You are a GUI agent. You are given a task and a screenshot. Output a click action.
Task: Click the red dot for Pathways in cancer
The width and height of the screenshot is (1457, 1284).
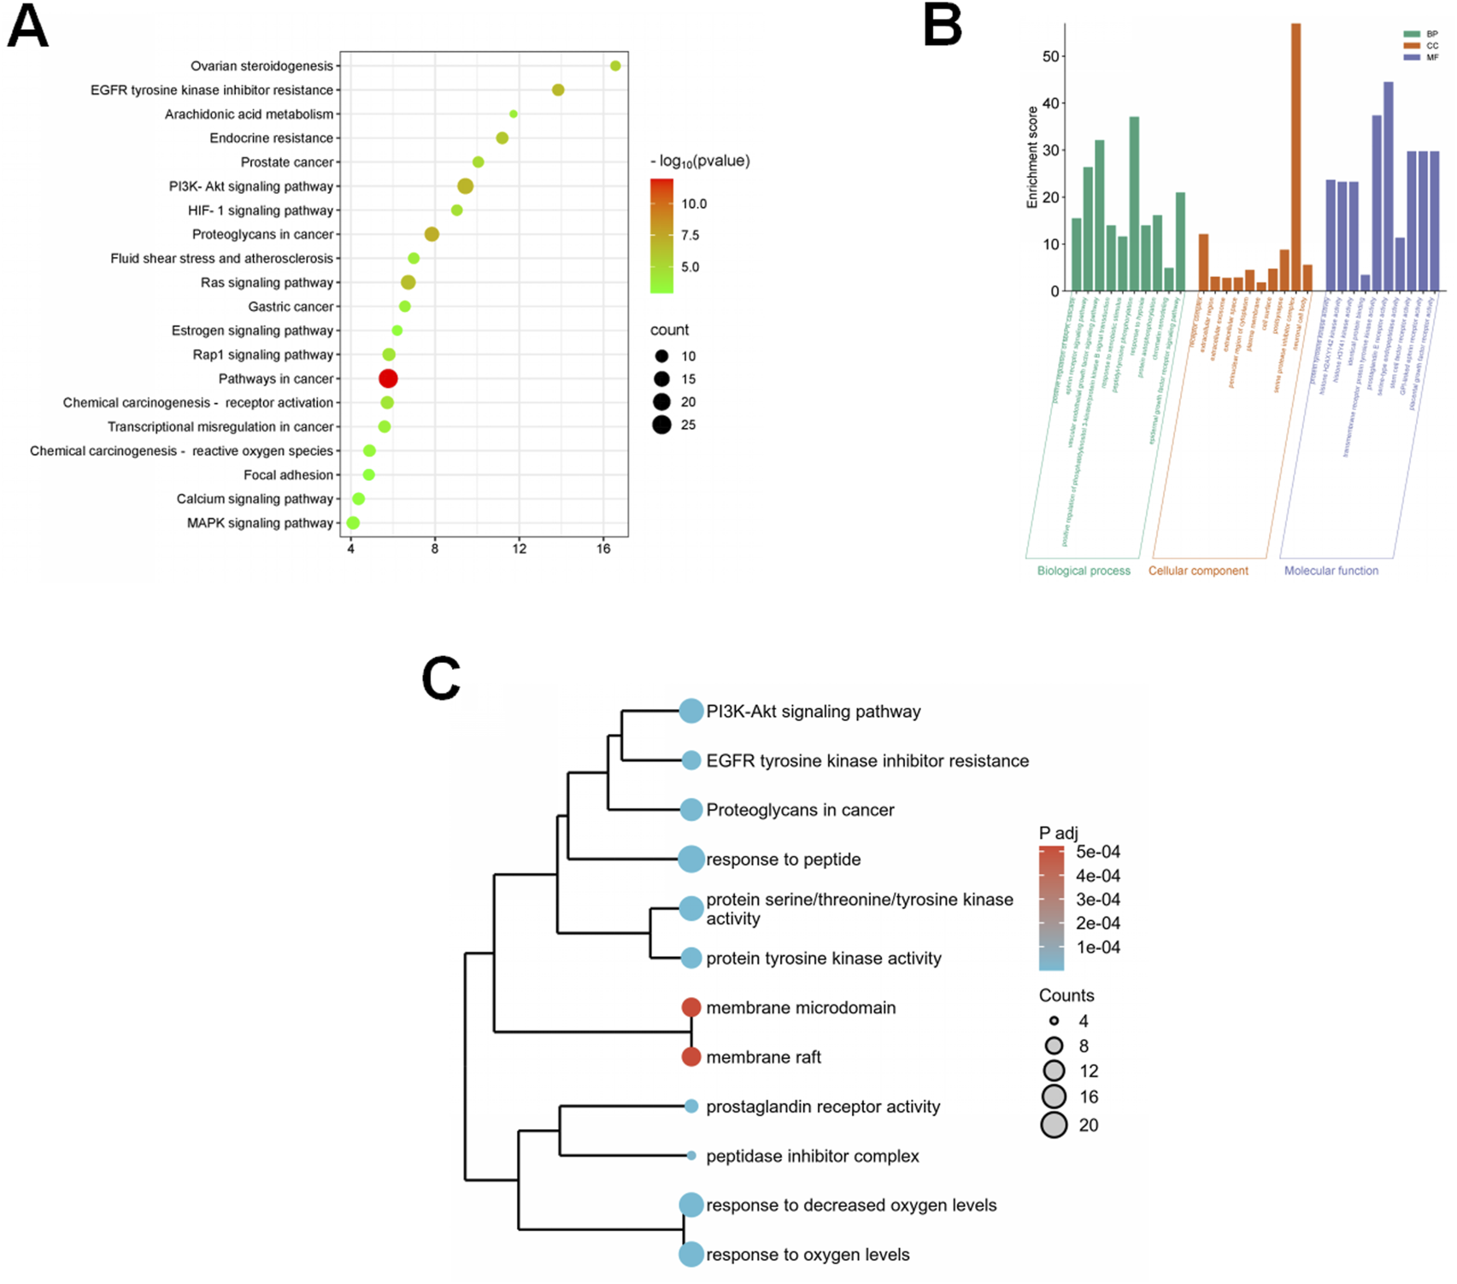(388, 378)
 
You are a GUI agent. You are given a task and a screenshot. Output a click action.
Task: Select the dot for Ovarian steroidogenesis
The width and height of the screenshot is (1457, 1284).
(615, 66)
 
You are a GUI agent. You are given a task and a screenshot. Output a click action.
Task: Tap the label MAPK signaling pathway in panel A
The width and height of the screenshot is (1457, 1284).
(260, 523)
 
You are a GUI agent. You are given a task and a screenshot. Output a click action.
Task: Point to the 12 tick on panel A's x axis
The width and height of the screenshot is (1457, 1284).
(519, 548)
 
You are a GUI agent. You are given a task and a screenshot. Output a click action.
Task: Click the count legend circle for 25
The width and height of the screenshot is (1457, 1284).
(661, 425)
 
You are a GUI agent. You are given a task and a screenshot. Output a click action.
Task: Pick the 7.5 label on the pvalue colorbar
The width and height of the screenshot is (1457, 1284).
(690, 235)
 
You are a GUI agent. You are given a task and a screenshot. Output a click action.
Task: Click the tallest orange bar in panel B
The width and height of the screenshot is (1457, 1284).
(1295, 158)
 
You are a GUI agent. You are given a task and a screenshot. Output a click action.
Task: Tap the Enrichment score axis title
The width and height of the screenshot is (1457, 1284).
(1032, 157)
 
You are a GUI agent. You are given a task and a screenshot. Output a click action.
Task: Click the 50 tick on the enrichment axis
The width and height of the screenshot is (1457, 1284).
(1050, 56)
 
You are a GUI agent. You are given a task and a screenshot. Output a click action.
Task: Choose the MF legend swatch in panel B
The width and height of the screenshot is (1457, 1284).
(1411, 57)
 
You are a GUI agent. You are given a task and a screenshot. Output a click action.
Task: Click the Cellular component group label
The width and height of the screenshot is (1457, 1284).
(1198, 571)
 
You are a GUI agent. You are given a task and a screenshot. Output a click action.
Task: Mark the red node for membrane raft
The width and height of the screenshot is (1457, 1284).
(691, 1057)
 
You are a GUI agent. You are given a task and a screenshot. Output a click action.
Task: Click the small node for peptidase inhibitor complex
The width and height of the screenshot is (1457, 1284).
(691, 1156)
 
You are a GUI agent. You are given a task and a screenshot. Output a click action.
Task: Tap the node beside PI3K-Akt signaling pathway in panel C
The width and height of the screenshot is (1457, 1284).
(691, 711)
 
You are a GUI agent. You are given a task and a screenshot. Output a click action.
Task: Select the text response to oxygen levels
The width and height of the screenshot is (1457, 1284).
(808, 1254)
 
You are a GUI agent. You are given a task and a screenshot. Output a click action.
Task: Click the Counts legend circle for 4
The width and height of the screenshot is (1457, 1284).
(1055, 1021)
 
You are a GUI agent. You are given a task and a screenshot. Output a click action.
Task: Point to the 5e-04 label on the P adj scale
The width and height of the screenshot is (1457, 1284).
(1098, 852)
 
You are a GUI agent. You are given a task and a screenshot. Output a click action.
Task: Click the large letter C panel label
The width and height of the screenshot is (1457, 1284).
(441, 679)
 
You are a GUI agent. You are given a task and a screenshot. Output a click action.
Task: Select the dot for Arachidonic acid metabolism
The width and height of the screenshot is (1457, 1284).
(514, 114)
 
